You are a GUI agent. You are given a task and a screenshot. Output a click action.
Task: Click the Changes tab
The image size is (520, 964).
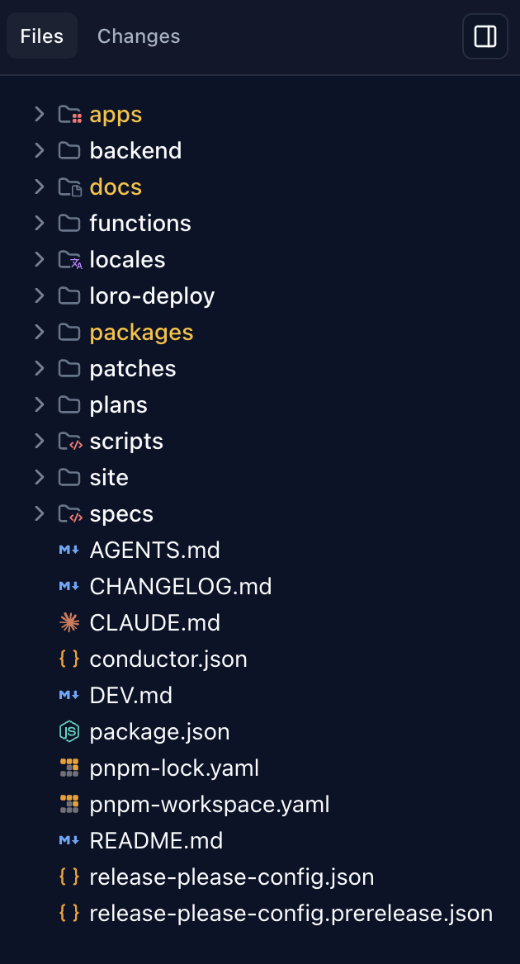coord(139,36)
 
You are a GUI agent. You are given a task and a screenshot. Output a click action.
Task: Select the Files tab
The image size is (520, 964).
coord(42,36)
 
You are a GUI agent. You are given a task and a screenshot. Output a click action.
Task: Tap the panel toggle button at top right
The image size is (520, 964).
coord(485,36)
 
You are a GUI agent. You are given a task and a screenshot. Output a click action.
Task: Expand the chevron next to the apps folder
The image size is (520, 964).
coord(39,114)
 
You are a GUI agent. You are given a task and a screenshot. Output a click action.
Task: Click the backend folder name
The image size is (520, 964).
coord(135,150)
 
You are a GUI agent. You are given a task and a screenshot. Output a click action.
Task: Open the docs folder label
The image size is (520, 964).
coord(116,187)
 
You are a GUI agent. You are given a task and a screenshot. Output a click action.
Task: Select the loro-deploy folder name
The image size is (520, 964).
coord(152,295)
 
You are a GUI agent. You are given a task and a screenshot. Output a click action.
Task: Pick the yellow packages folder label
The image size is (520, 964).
coord(141,332)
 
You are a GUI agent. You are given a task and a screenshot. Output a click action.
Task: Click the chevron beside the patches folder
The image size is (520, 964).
coord(39,368)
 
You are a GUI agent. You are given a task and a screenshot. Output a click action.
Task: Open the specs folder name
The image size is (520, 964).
coord(121,513)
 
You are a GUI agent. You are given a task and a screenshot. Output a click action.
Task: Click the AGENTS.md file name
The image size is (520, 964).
coord(154,550)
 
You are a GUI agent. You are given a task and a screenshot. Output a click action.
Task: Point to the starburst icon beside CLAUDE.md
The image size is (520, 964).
coord(69,622)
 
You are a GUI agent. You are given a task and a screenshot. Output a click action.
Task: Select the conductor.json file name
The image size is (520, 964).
coord(168,659)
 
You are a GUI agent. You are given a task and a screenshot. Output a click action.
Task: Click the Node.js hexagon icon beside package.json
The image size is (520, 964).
coord(69,731)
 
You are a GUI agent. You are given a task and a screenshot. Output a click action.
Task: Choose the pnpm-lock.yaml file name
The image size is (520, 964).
coord(174,768)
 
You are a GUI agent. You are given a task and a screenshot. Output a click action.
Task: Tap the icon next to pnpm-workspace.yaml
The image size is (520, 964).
coord(69,804)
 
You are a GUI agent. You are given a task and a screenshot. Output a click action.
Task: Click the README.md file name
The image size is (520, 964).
coord(156,840)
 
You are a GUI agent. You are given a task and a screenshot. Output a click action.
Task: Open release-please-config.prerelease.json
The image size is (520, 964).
coord(291,913)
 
